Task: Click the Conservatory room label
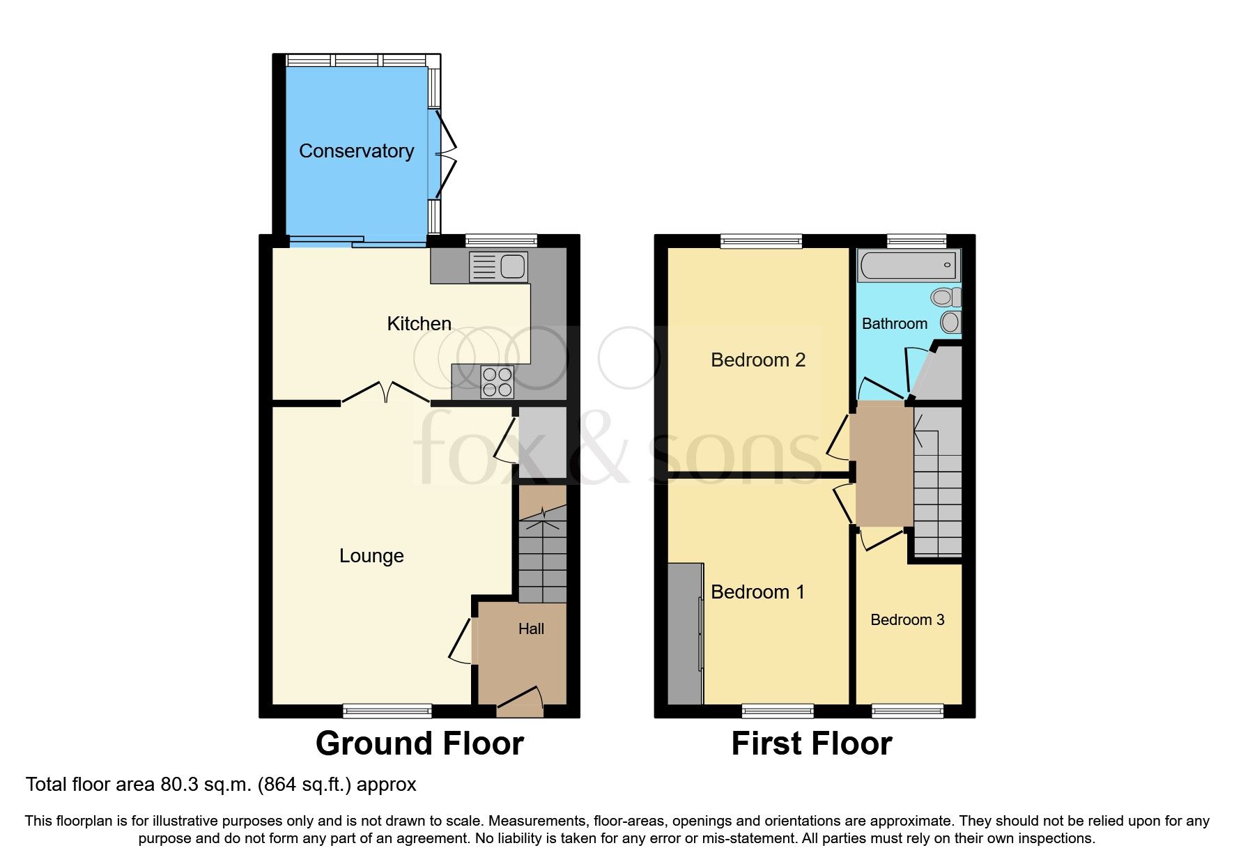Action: click(356, 151)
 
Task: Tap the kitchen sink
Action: click(499, 267)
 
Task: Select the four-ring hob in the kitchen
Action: click(498, 382)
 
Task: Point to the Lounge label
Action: click(371, 556)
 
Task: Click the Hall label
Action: click(531, 629)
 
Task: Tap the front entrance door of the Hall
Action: click(520, 702)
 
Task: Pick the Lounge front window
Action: click(387, 711)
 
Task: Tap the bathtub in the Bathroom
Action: click(908, 265)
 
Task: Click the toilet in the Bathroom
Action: click(945, 298)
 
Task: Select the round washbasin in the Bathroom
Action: click(950, 322)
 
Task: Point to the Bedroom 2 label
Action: click(758, 360)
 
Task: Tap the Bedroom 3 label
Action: click(907, 620)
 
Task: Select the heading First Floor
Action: click(811, 744)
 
